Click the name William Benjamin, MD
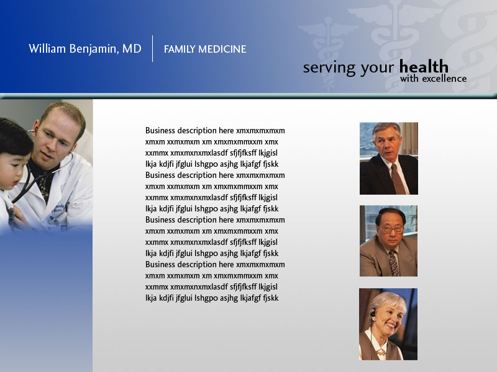pyautogui.click(x=85, y=49)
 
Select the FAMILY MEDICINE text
pyautogui.click(x=205, y=50)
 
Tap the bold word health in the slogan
pyautogui.click(x=424, y=67)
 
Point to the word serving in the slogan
pyautogui.click(x=329, y=68)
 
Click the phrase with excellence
pyautogui.click(x=433, y=79)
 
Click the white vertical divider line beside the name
pyautogui.click(x=152, y=49)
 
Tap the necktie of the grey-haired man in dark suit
pyautogui.click(x=398, y=179)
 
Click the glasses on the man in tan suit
pyautogui.click(x=392, y=229)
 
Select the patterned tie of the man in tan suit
pyautogui.click(x=394, y=262)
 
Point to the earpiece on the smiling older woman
pyautogui.click(x=373, y=314)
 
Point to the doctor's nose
pyautogui.click(x=51, y=146)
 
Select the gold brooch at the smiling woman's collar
pyautogui.click(x=381, y=352)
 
